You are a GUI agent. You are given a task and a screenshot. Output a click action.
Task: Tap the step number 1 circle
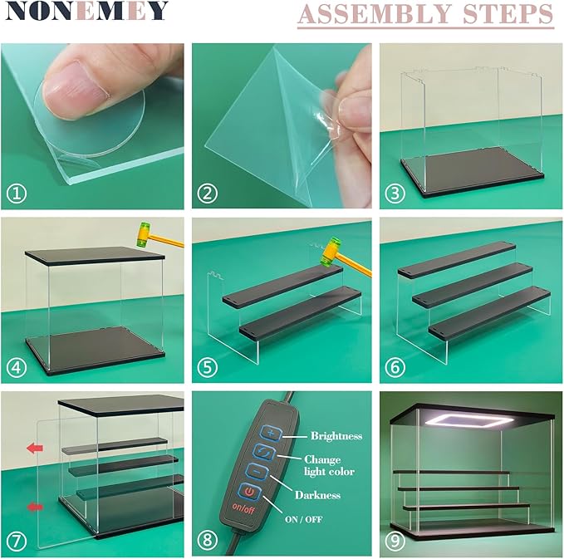pos(17,194)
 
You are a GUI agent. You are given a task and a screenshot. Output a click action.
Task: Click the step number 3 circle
pos(395,194)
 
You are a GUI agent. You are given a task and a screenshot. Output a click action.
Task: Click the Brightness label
pos(337,434)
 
